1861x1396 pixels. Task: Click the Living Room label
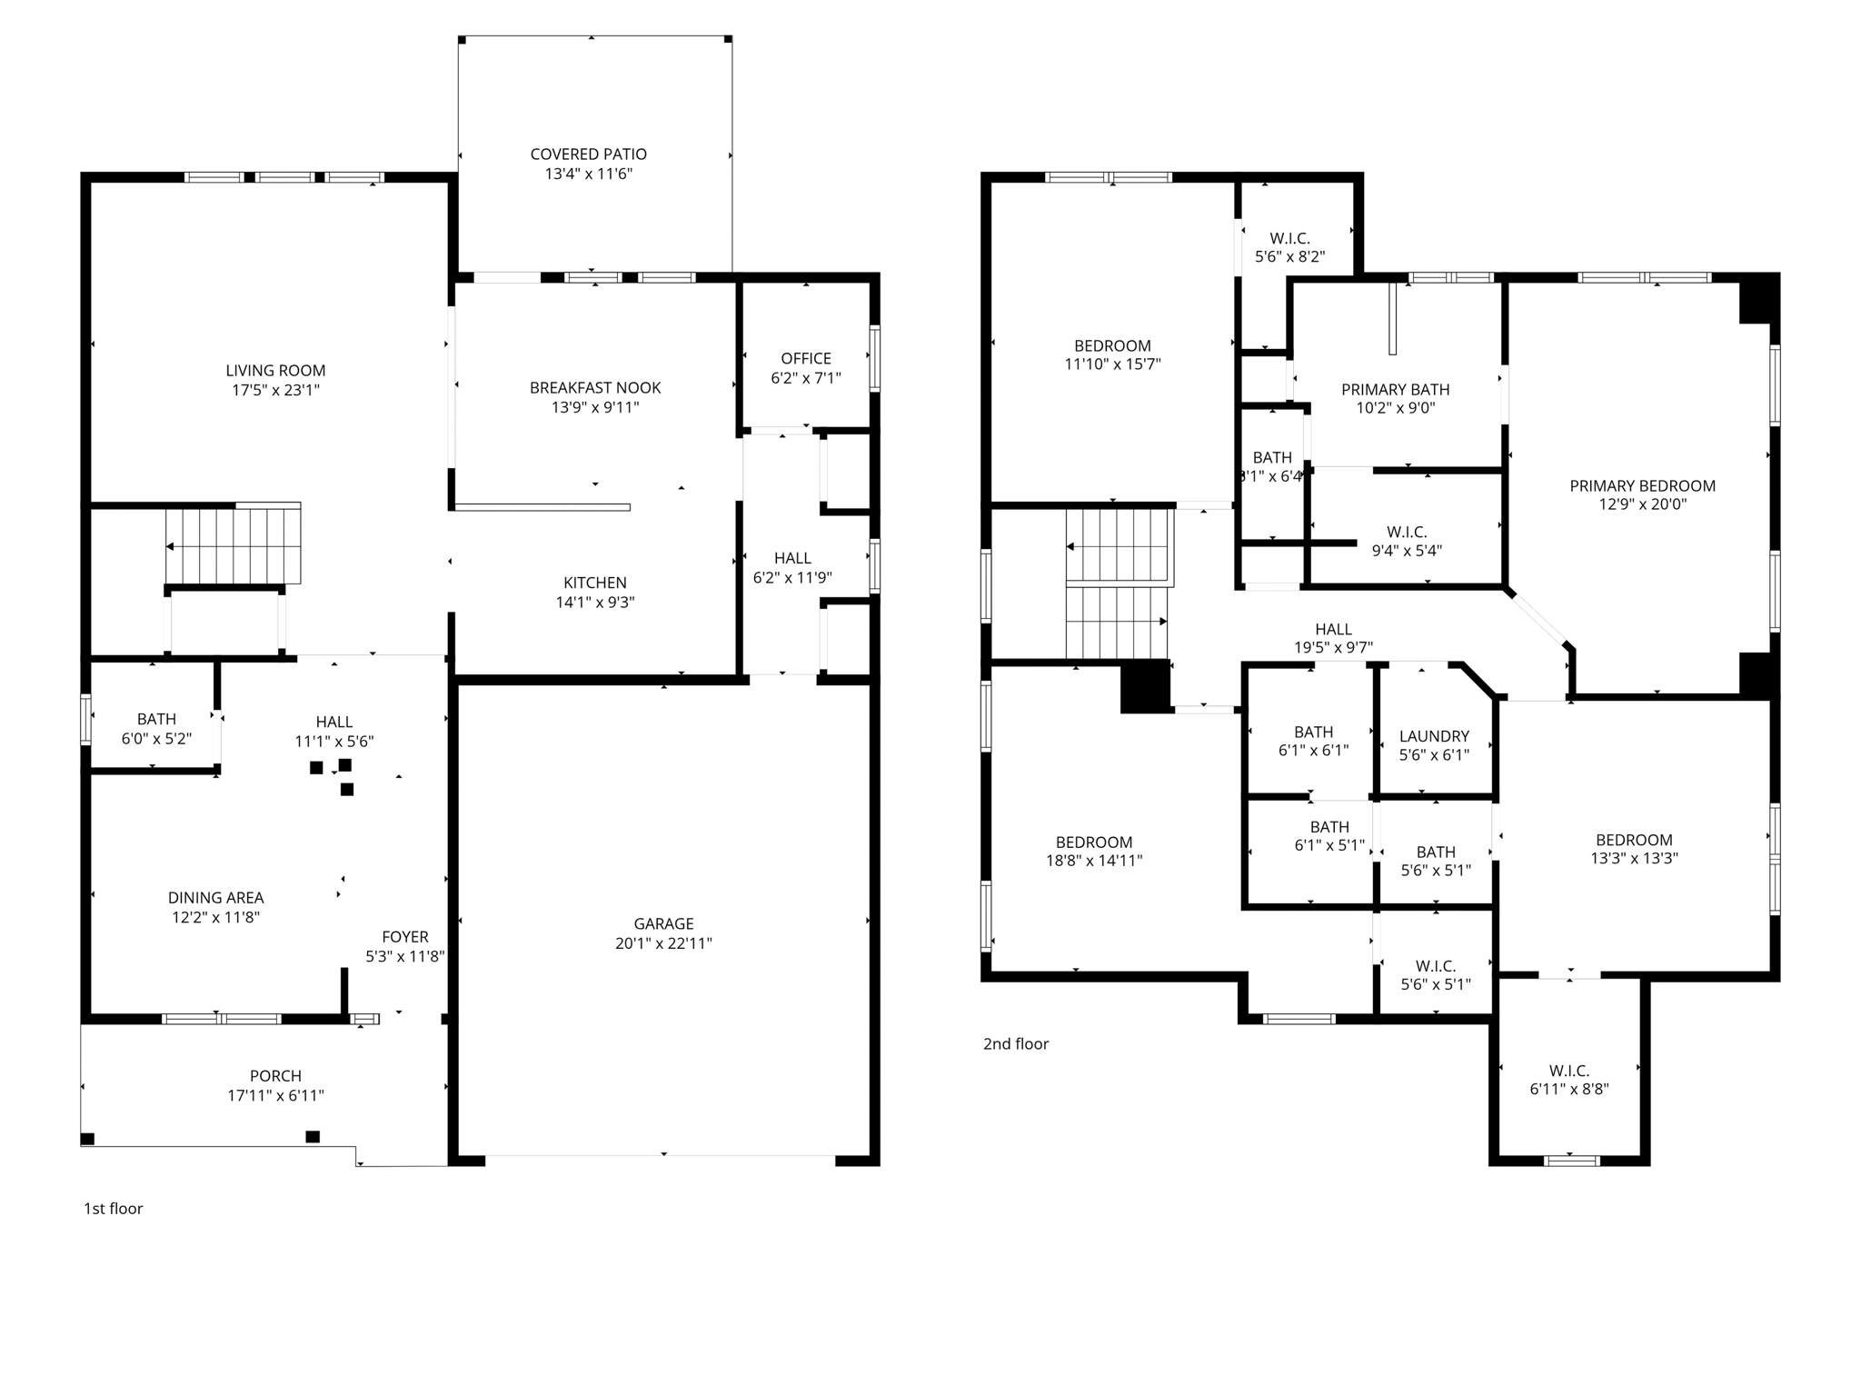click(x=275, y=371)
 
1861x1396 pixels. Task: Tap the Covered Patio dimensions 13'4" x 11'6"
click(x=588, y=174)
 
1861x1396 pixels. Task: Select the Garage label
click(x=663, y=924)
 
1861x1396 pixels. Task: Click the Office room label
click(x=806, y=358)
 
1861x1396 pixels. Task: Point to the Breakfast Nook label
click(x=595, y=388)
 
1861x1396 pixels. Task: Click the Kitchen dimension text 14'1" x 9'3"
click(x=595, y=603)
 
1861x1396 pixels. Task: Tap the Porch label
click(x=275, y=1076)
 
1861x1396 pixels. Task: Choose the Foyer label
click(x=404, y=937)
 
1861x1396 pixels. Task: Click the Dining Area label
click(x=215, y=898)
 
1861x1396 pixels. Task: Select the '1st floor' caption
click(x=114, y=1209)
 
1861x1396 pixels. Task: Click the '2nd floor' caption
click(x=1016, y=1044)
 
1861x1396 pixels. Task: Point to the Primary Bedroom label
click(x=1642, y=486)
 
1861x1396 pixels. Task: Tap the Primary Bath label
click(x=1395, y=390)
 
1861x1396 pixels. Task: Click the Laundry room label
click(x=1434, y=736)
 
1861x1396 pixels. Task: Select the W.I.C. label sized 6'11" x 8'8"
click(x=1569, y=1072)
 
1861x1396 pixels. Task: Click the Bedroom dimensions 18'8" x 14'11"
click(x=1094, y=861)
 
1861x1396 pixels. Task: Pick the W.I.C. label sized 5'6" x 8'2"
click(x=1289, y=239)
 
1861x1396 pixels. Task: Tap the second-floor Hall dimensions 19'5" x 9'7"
click(x=1333, y=648)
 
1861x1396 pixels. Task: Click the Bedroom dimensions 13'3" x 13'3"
click(x=1634, y=858)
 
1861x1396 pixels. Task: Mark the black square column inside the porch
click(x=313, y=1136)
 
